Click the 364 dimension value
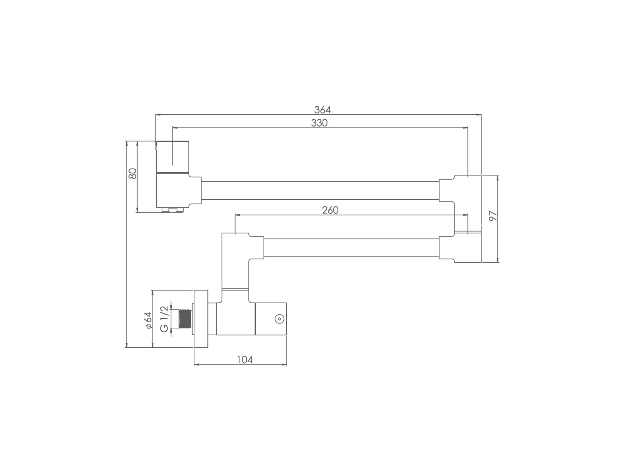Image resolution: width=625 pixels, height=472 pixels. click(x=322, y=109)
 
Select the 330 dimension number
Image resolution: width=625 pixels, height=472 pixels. click(x=319, y=123)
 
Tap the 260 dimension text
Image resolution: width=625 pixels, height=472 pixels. click(x=330, y=210)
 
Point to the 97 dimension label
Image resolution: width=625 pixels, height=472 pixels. click(x=492, y=216)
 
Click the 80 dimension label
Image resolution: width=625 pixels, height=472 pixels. click(x=132, y=173)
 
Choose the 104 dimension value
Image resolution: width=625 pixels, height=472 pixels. click(x=245, y=360)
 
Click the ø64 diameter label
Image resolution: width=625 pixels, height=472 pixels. click(x=149, y=320)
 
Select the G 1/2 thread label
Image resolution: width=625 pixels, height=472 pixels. click(x=164, y=319)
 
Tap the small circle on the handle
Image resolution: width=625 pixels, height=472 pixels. click(x=279, y=319)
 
